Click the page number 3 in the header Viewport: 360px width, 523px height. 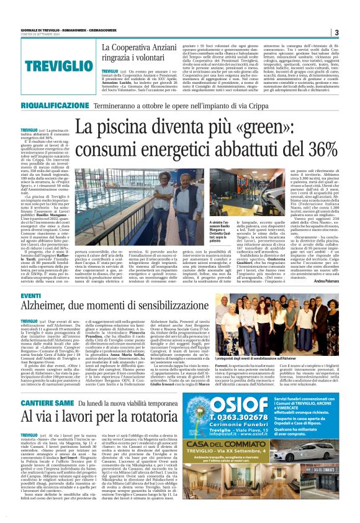(x=336, y=32)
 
